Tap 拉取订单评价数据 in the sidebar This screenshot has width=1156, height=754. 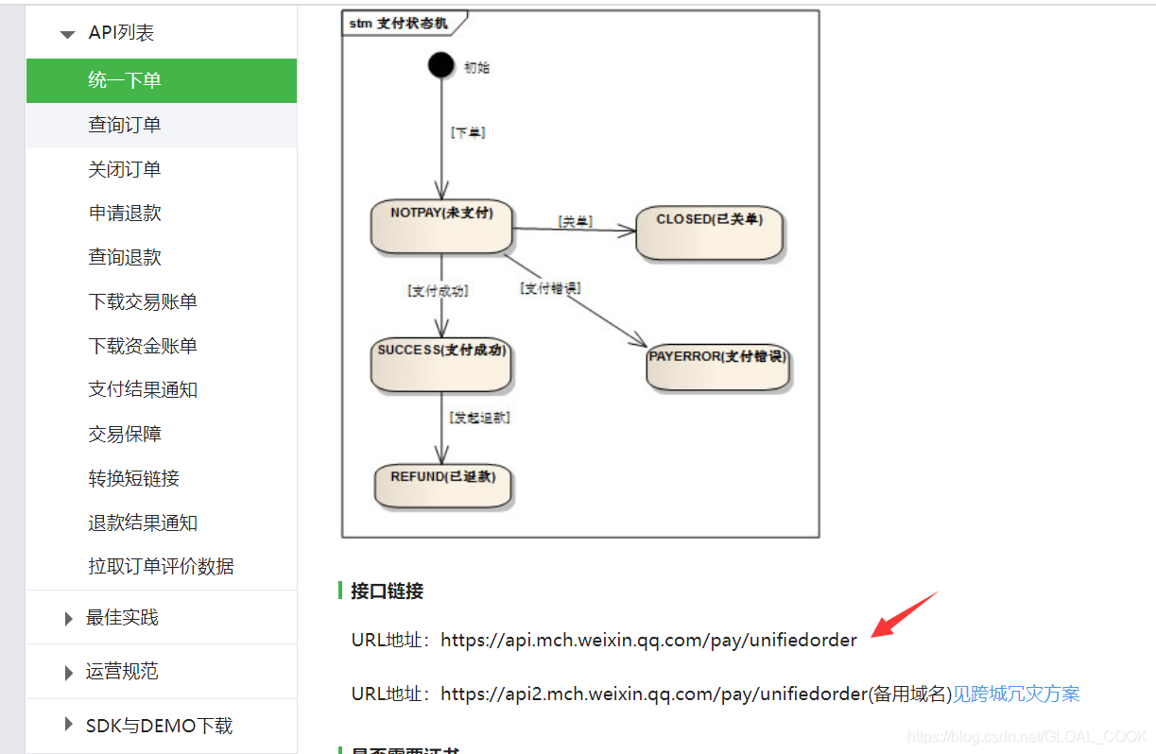[161, 566]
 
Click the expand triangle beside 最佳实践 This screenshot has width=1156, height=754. [68, 619]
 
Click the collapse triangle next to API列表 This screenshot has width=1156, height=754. [67, 34]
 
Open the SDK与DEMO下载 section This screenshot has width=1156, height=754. [159, 726]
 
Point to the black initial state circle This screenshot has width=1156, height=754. [440, 65]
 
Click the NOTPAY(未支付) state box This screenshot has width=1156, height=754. [441, 226]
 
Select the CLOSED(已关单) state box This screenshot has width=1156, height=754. [709, 232]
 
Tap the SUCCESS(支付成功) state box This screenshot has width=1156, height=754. [441, 364]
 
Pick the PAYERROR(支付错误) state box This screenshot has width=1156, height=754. [717, 367]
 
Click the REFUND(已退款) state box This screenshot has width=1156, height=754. [443, 485]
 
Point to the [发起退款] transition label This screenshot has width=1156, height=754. [480, 417]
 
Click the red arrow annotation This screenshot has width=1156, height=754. [903, 615]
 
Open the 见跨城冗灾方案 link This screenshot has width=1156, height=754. [1015, 694]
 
